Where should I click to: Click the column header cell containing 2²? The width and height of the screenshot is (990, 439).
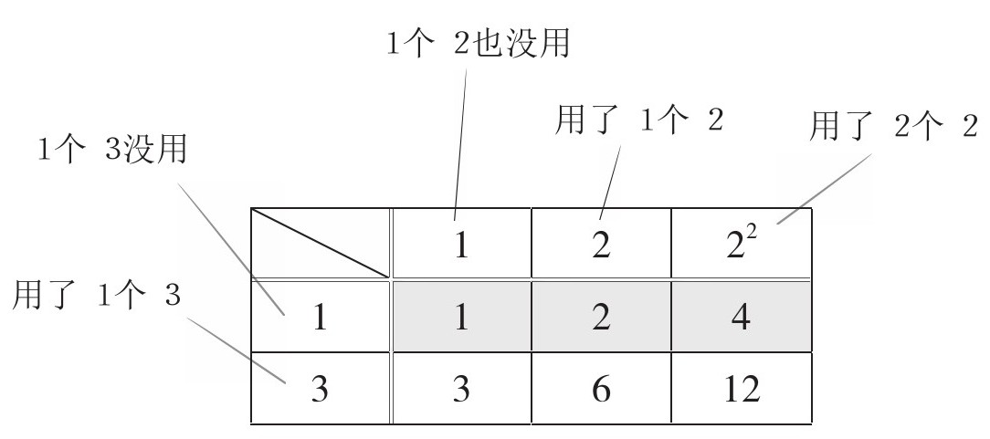click(x=741, y=246)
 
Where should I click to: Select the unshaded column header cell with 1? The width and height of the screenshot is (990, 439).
click(x=461, y=246)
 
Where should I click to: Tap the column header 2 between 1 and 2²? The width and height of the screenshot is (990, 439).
click(x=600, y=246)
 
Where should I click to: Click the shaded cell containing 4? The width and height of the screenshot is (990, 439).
click(x=741, y=316)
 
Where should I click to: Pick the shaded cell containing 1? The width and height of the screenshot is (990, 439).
click(x=461, y=316)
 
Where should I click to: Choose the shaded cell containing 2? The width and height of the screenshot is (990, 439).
click(x=600, y=316)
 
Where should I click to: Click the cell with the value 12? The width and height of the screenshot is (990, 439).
click(x=741, y=387)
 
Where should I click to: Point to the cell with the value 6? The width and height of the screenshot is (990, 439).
click(x=600, y=387)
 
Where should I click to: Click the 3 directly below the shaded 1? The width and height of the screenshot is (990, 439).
click(x=461, y=387)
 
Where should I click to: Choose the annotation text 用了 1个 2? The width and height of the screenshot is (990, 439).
click(x=639, y=120)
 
